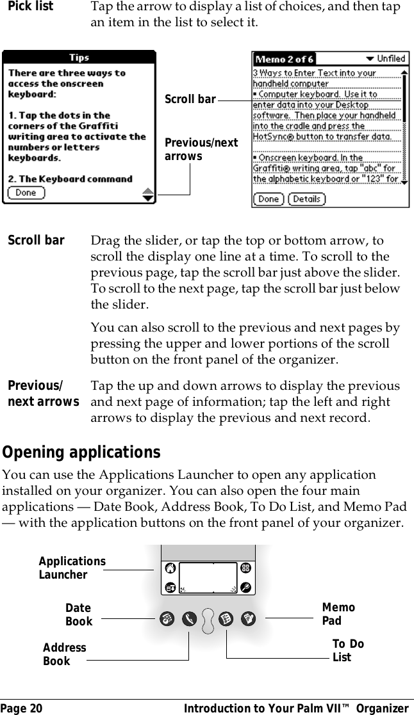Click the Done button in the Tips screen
click(x=26, y=193)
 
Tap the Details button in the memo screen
click(x=306, y=199)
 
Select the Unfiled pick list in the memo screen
click(x=383, y=59)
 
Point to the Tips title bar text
click(x=79, y=58)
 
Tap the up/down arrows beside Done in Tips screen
click(x=148, y=194)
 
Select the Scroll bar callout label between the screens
click(x=190, y=99)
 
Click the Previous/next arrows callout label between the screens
click(x=201, y=150)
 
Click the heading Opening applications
click(x=82, y=453)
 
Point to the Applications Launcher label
click(x=72, y=568)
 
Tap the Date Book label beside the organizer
click(x=79, y=615)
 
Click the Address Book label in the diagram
click(x=64, y=654)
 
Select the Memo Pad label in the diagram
click(x=338, y=614)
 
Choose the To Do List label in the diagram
click(x=348, y=650)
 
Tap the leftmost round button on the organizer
click(x=167, y=619)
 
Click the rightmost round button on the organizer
click(x=247, y=619)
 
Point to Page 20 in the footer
click(x=22, y=708)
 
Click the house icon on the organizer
click(x=170, y=568)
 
